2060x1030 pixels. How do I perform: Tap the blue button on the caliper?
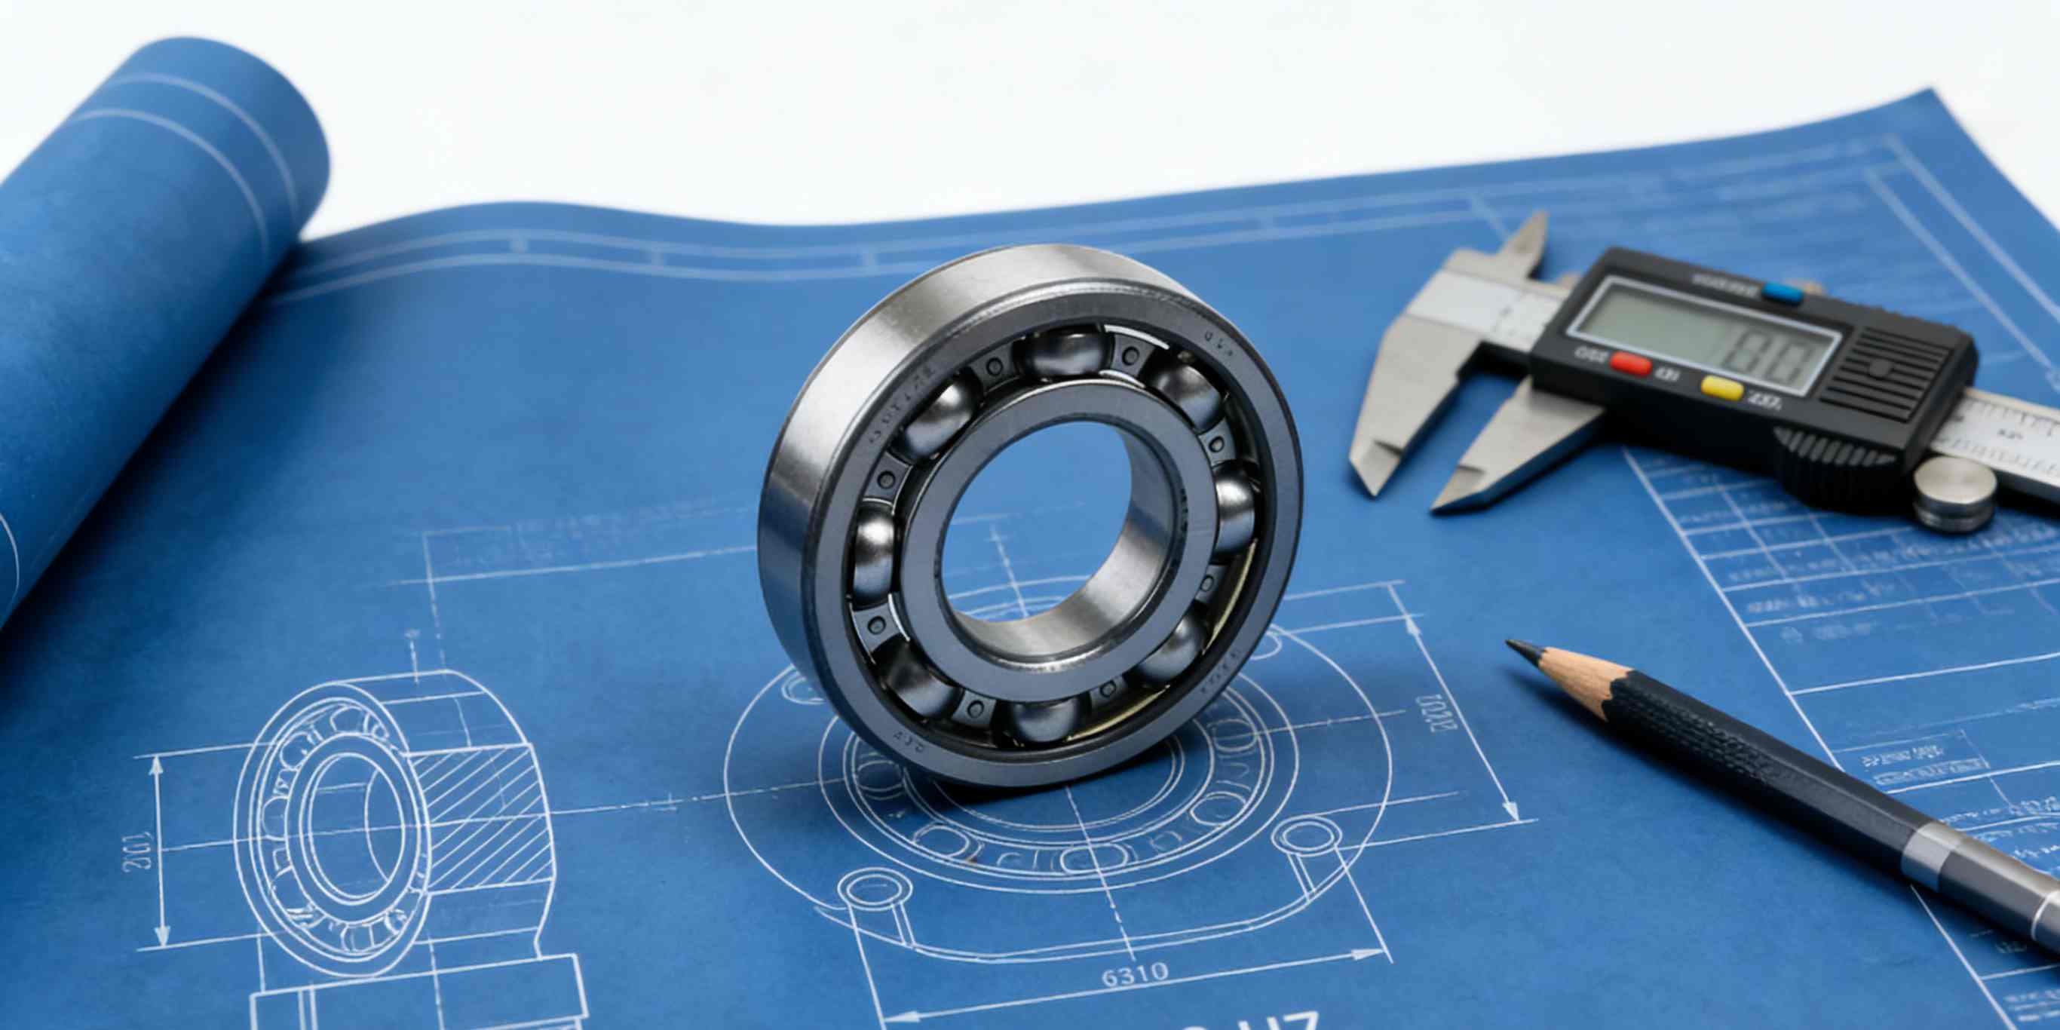click(x=1782, y=293)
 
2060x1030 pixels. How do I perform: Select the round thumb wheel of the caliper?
click(x=1953, y=493)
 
